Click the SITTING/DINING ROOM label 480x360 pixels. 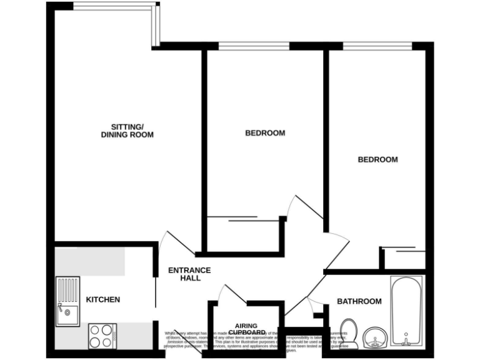click(127, 130)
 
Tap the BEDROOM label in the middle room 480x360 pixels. click(265, 133)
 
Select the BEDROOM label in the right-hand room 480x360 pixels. click(377, 159)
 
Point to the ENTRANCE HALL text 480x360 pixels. click(189, 274)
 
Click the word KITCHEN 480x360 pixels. click(103, 300)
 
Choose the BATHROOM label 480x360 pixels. click(359, 301)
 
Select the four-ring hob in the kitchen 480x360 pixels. click(102, 336)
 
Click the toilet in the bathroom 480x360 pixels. click(348, 333)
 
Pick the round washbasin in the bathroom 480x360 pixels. click(375, 338)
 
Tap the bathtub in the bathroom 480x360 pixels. click(407, 311)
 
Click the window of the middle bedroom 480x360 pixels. click(254, 46)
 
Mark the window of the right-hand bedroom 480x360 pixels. click(377, 46)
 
